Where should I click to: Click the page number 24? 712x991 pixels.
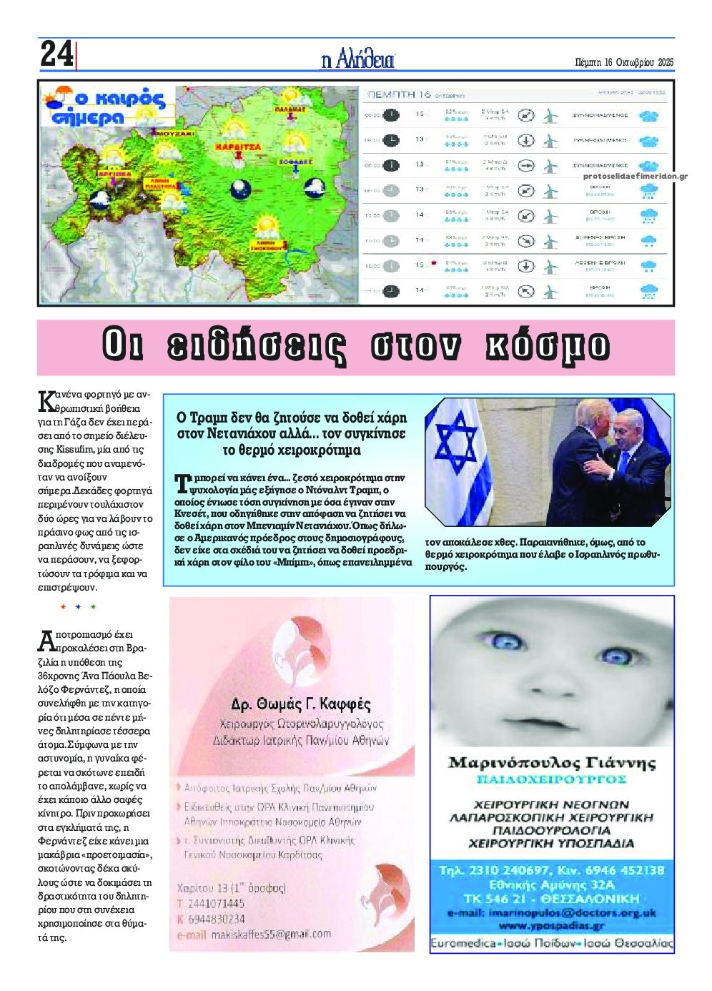pos(56,54)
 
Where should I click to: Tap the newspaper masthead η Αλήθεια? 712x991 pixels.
pos(357,60)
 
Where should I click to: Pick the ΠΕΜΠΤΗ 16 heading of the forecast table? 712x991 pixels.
pos(397,94)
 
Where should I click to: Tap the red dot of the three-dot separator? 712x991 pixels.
pos(63,607)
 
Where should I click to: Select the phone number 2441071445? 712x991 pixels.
pos(214,904)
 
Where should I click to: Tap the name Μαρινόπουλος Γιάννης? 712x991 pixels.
pos(551,763)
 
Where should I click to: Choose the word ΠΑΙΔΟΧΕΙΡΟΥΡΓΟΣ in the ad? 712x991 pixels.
pos(551,779)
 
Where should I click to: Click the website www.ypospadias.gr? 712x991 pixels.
pos(551,925)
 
